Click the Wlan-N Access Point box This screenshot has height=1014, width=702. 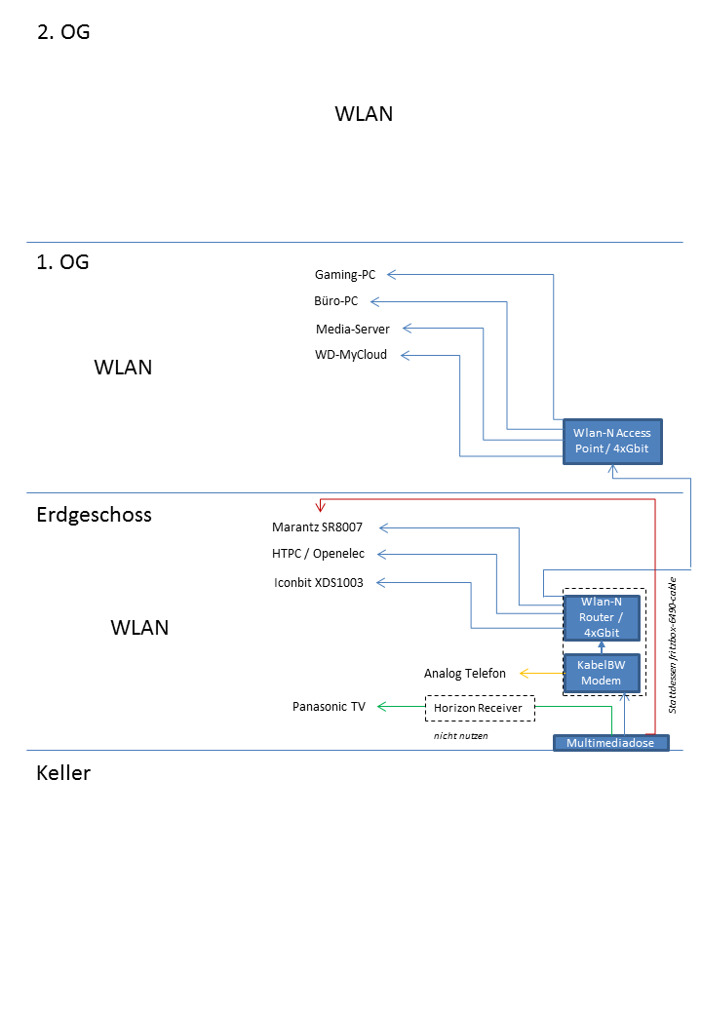click(x=612, y=442)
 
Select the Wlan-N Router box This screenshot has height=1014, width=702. click(x=602, y=617)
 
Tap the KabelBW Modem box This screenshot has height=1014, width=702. click(x=602, y=673)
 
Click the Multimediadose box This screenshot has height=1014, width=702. click(x=611, y=743)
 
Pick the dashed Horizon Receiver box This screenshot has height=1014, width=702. click(x=480, y=707)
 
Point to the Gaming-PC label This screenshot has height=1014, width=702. click(x=345, y=275)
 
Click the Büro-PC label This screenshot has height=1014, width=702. click(x=336, y=301)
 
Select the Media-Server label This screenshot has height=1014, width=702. click(x=352, y=329)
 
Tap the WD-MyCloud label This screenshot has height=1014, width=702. click(x=351, y=355)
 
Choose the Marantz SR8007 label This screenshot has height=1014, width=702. click(x=317, y=527)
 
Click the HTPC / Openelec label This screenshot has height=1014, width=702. click(x=318, y=554)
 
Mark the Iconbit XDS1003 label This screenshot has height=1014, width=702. click(x=318, y=583)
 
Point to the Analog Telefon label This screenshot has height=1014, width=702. click(x=465, y=673)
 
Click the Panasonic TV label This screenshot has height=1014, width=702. click(x=329, y=707)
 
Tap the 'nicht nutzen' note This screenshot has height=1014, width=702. click(x=460, y=736)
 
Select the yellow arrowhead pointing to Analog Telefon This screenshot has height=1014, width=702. click(x=525, y=673)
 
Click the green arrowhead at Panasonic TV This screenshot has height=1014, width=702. click(x=382, y=707)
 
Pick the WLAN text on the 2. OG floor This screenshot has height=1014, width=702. click(x=364, y=114)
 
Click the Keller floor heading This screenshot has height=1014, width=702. click(x=63, y=773)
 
